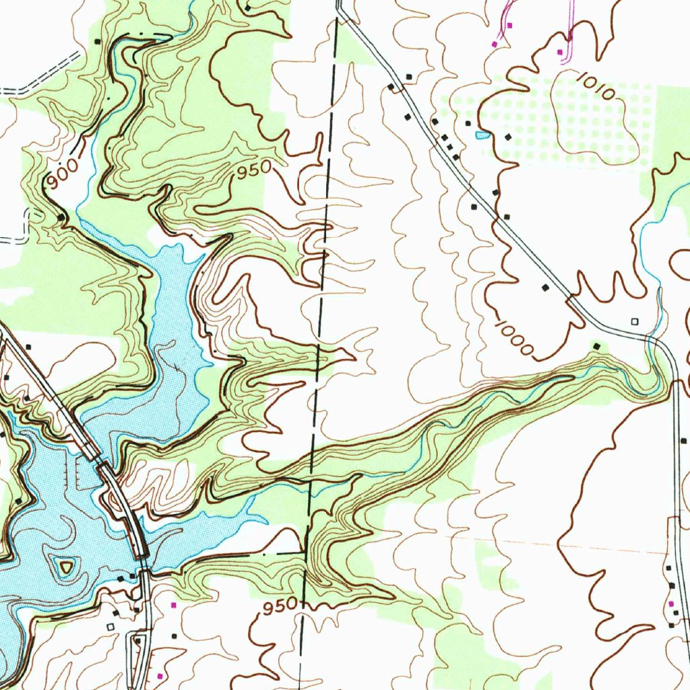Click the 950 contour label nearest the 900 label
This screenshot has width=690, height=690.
[253, 170]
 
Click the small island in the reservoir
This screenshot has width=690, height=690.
[65, 567]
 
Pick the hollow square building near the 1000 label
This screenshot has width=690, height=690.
[633, 321]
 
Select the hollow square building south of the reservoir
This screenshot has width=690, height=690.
[111, 627]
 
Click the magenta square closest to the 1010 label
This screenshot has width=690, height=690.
[560, 52]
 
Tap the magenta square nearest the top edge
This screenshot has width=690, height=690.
[510, 25]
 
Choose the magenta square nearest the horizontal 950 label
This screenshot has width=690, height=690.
[174, 605]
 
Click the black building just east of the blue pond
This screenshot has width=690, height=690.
[507, 137]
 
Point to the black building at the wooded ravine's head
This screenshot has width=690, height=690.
[596, 346]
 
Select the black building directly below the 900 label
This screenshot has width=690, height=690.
[61, 217]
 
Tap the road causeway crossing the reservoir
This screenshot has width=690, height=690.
[121, 499]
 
